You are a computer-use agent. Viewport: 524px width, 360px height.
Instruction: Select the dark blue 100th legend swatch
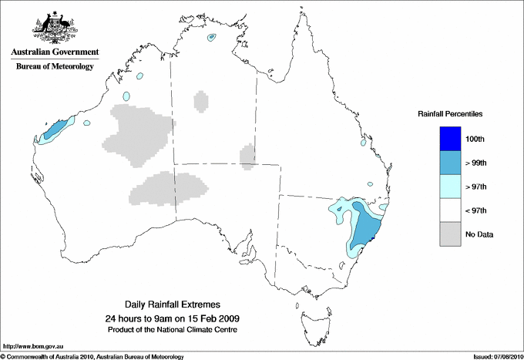448,138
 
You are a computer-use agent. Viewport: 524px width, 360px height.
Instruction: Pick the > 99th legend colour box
448,162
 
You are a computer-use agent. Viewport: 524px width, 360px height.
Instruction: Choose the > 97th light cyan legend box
448,186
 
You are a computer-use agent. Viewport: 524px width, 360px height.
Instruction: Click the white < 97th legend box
448,210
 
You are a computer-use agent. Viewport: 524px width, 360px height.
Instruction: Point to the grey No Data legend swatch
448,234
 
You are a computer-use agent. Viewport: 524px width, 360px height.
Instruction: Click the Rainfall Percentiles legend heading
450,113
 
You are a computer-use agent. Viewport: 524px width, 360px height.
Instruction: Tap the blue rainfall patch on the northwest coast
52,130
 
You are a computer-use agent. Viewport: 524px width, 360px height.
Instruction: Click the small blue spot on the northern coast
210,38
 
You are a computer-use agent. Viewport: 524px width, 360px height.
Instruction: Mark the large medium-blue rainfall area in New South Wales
362,224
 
